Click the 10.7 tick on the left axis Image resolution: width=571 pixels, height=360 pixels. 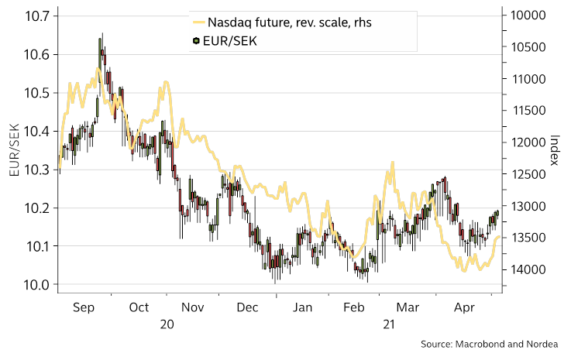pyautogui.click(x=36, y=16)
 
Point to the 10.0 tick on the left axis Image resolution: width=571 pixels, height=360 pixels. pyautogui.click(x=36, y=285)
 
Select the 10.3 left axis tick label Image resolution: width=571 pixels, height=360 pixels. pyautogui.click(x=36, y=170)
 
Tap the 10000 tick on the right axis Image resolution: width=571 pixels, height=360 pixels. pyautogui.click(x=527, y=16)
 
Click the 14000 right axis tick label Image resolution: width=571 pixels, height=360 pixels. pyautogui.click(x=527, y=269)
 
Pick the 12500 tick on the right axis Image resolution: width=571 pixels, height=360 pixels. pyautogui.click(x=527, y=175)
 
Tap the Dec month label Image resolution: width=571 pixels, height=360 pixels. pyautogui.click(x=249, y=307)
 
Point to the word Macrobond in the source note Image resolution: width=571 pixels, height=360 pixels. pyautogui.click(x=480, y=344)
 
